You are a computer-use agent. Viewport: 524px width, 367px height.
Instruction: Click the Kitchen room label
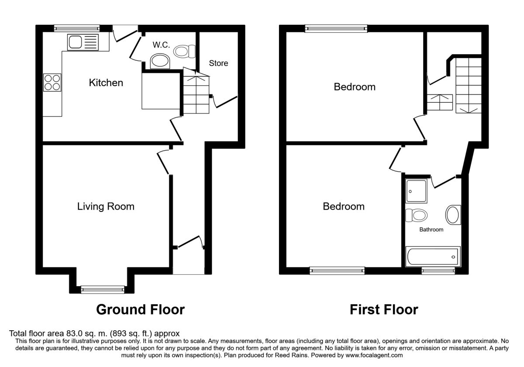106,83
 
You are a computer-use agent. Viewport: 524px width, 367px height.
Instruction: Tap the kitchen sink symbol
83,43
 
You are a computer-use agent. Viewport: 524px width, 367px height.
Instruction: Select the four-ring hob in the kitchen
52,82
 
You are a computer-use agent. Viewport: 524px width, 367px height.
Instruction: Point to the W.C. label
161,45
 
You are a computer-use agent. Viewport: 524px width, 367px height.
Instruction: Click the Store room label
218,63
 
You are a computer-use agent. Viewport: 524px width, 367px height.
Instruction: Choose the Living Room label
106,206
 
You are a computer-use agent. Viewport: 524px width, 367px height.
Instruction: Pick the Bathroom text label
431,229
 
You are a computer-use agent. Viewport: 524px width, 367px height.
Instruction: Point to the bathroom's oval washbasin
452,215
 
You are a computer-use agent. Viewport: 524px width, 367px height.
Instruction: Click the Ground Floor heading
140,310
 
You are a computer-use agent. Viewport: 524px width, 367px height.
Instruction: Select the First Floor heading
384,310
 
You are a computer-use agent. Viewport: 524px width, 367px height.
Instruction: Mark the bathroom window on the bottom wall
438,271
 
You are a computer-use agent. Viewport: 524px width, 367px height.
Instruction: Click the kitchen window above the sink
77,29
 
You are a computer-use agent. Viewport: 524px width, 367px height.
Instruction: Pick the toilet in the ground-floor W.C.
185,52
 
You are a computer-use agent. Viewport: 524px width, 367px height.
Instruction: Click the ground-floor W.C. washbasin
159,61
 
